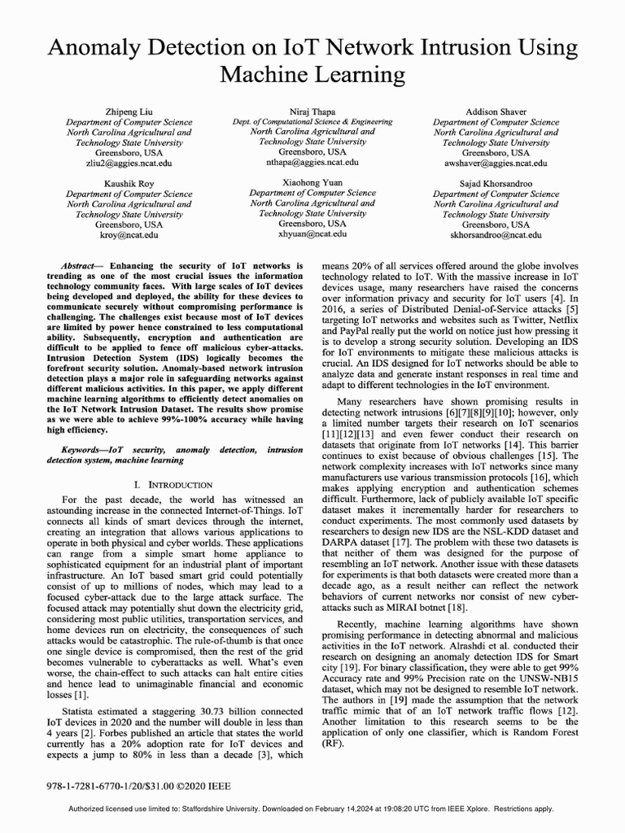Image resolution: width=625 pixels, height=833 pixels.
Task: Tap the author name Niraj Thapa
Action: (x=312, y=111)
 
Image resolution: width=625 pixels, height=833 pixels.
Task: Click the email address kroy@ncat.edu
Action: (x=129, y=234)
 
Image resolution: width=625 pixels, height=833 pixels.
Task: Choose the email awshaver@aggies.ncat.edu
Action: (x=496, y=163)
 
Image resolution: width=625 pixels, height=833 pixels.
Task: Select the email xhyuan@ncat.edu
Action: (x=312, y=233)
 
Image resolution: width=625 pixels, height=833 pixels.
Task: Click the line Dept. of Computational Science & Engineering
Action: (x=312, y=121)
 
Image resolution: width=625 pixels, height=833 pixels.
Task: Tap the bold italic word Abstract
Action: (x=82, y=266)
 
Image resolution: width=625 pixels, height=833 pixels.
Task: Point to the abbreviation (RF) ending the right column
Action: (x=333, y=743)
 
